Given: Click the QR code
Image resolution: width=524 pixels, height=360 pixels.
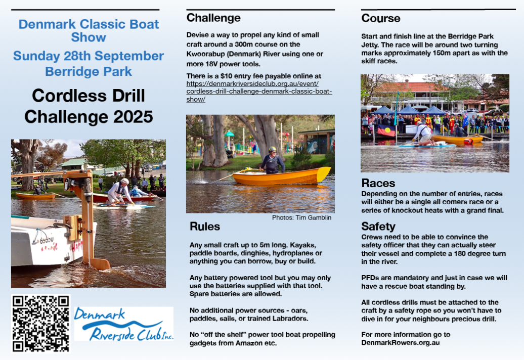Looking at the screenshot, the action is [41, 324].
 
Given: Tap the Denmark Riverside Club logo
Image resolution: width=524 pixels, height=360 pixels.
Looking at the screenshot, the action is [123, 324].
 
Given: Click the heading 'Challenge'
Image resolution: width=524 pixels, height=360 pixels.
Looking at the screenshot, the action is [213, 18].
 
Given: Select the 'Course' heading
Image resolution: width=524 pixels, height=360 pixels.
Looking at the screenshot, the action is [381, 18].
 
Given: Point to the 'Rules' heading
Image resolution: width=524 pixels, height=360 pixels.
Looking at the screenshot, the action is [205, 227].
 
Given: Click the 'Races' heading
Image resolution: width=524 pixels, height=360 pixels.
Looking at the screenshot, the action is [378, 183].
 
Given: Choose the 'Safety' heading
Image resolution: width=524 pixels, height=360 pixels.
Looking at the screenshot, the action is [378, 227].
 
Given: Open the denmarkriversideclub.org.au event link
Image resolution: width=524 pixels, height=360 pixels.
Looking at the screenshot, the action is [259, 91].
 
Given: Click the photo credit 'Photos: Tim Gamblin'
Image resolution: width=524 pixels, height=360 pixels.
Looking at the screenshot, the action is [301, 218].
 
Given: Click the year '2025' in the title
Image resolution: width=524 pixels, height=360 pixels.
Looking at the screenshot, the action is [133, 117].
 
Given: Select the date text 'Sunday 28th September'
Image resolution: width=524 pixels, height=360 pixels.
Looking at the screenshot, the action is [89, 56].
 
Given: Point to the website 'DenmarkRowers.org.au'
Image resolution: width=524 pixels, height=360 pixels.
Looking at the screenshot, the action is [401, 343].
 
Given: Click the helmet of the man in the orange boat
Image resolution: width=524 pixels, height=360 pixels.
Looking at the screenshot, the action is [272, 149].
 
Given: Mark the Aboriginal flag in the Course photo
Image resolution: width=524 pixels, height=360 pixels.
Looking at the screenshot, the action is [386, 130].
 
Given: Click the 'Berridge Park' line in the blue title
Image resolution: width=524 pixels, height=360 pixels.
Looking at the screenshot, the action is [89, 71].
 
